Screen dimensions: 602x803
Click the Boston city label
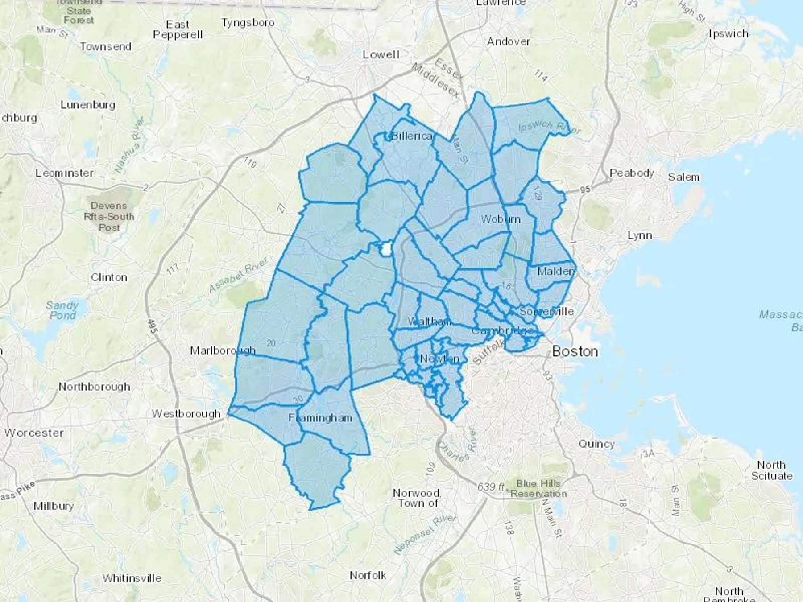pyautogui.click(x=575, y=351)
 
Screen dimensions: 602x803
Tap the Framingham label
pyautogui.click(x=320, y=418)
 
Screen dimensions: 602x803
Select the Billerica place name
pyautogui.click(x=411, y=136)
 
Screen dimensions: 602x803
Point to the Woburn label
pyautogui.click(x=501, y=219)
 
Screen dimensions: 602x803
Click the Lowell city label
pyautogui.click(x=381, y=54)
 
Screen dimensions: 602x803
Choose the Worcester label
pyautogui.click(x=34, y=433)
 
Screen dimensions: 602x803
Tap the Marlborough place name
pyautogui.click(x=223, y=350)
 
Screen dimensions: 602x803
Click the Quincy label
pyautogui.click(x=596, y=444)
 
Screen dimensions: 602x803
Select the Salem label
pyautogui.click(x=683, y=177)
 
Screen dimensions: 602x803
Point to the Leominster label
pyautogui.click(x=65, y=173)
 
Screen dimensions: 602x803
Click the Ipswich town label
pyautogui.click(x=728, y=34)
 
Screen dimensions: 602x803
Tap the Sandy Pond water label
pyautogui.click(x=62, y=310)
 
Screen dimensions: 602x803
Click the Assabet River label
pyautogui.click(x=238, y=275)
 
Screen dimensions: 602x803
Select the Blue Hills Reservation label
pyautogui.click(x=538, y=488)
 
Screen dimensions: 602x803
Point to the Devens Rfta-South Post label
pyautogui.click(x=109, y=217)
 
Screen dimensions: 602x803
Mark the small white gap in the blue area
pyautogui.click(x=385, y=249)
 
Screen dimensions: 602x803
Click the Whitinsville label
pyautogui.click(x=132, y=578)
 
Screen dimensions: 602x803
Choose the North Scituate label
pyautogui.click(x=772, y=470)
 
